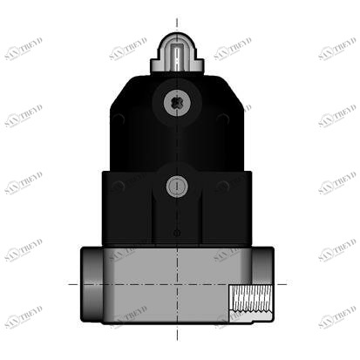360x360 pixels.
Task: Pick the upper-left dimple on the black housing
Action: pyautogui.click(x=119, y=118)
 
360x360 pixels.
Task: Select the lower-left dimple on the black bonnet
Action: pyautogui.click(x=119, y=186)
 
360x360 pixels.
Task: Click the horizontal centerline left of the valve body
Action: pyautogui.click(x=74, y=284)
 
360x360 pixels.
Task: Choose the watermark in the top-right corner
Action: pyautogui.click(x=336, y=49)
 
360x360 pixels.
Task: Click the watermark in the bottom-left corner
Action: pyautogui.click(x=24, y=318)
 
